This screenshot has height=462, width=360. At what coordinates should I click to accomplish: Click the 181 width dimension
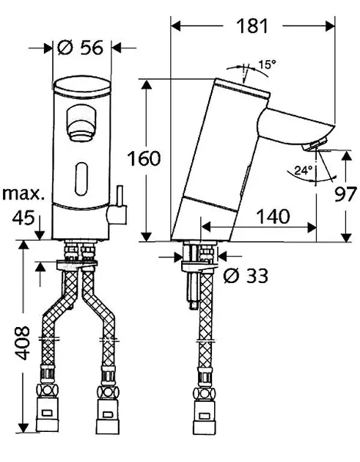252,26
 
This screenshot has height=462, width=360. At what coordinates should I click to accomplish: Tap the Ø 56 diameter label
81,48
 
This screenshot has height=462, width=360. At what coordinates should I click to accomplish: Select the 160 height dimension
144,158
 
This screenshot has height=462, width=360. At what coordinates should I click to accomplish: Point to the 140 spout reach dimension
273,216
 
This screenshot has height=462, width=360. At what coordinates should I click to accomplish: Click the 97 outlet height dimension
345,194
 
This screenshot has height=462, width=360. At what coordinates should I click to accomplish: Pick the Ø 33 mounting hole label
246,276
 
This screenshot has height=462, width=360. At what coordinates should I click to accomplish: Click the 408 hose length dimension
23,343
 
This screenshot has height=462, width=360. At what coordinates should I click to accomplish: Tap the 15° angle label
267,65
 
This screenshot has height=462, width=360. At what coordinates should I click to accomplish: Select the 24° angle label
304,170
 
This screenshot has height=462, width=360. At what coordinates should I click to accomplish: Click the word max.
23,194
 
